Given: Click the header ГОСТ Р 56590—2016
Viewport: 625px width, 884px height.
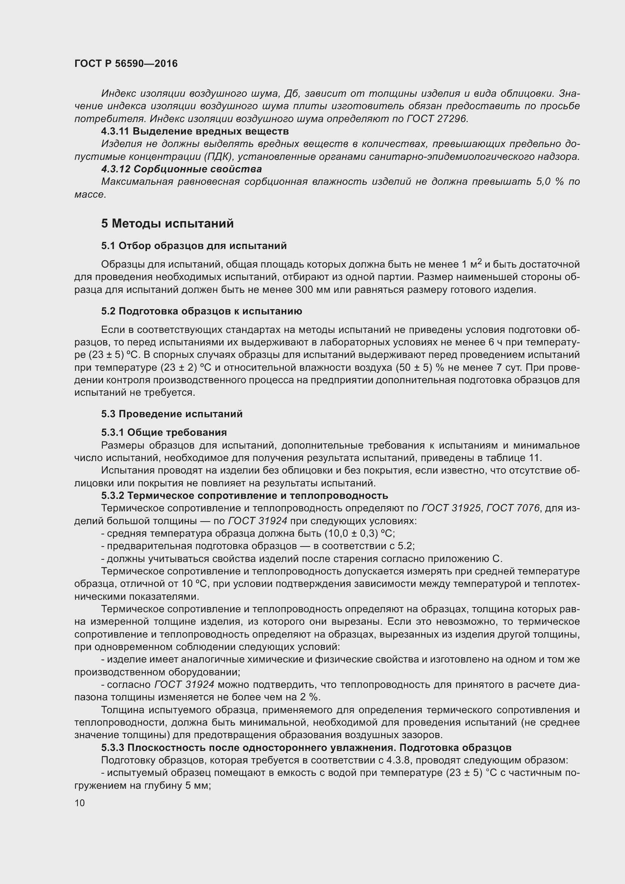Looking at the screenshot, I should [x=126, y=63].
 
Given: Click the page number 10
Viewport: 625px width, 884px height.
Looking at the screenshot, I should [x=80, y=803].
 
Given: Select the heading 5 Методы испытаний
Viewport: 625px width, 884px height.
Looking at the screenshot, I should [x=167, y=224].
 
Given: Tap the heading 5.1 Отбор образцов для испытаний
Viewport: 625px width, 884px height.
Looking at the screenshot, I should [x=194, y=246].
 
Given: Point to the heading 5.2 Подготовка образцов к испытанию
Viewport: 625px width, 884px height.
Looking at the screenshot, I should [x=202, y=311].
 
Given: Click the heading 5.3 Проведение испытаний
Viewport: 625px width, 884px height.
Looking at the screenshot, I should [x=172, y=414].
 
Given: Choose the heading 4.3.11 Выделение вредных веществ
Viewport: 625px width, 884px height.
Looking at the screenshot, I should [x=195, y=131].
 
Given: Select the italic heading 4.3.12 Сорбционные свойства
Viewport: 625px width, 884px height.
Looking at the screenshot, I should [x=181, y=169].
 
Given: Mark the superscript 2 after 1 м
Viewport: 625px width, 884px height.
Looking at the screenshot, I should [x=479, y=262].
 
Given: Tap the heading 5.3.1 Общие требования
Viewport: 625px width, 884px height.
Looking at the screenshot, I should [x=164, y=432].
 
